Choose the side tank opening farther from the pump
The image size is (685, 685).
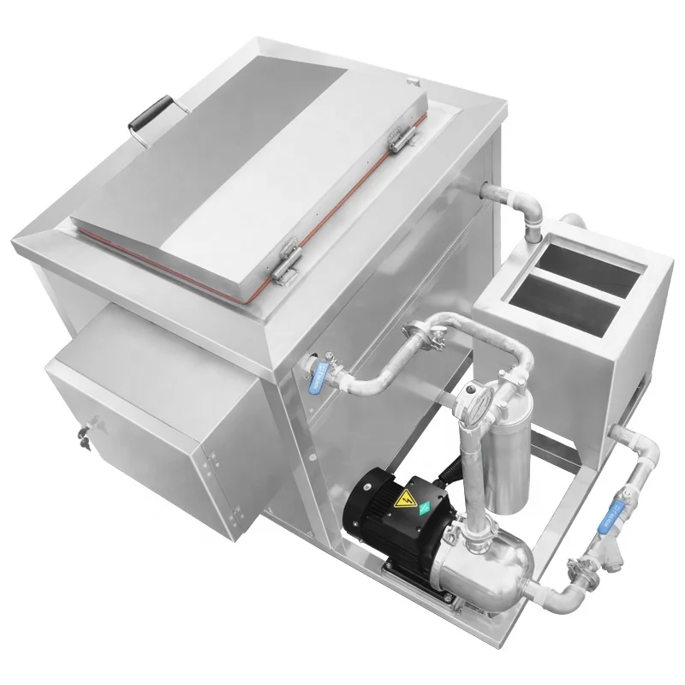click(591, 262)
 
